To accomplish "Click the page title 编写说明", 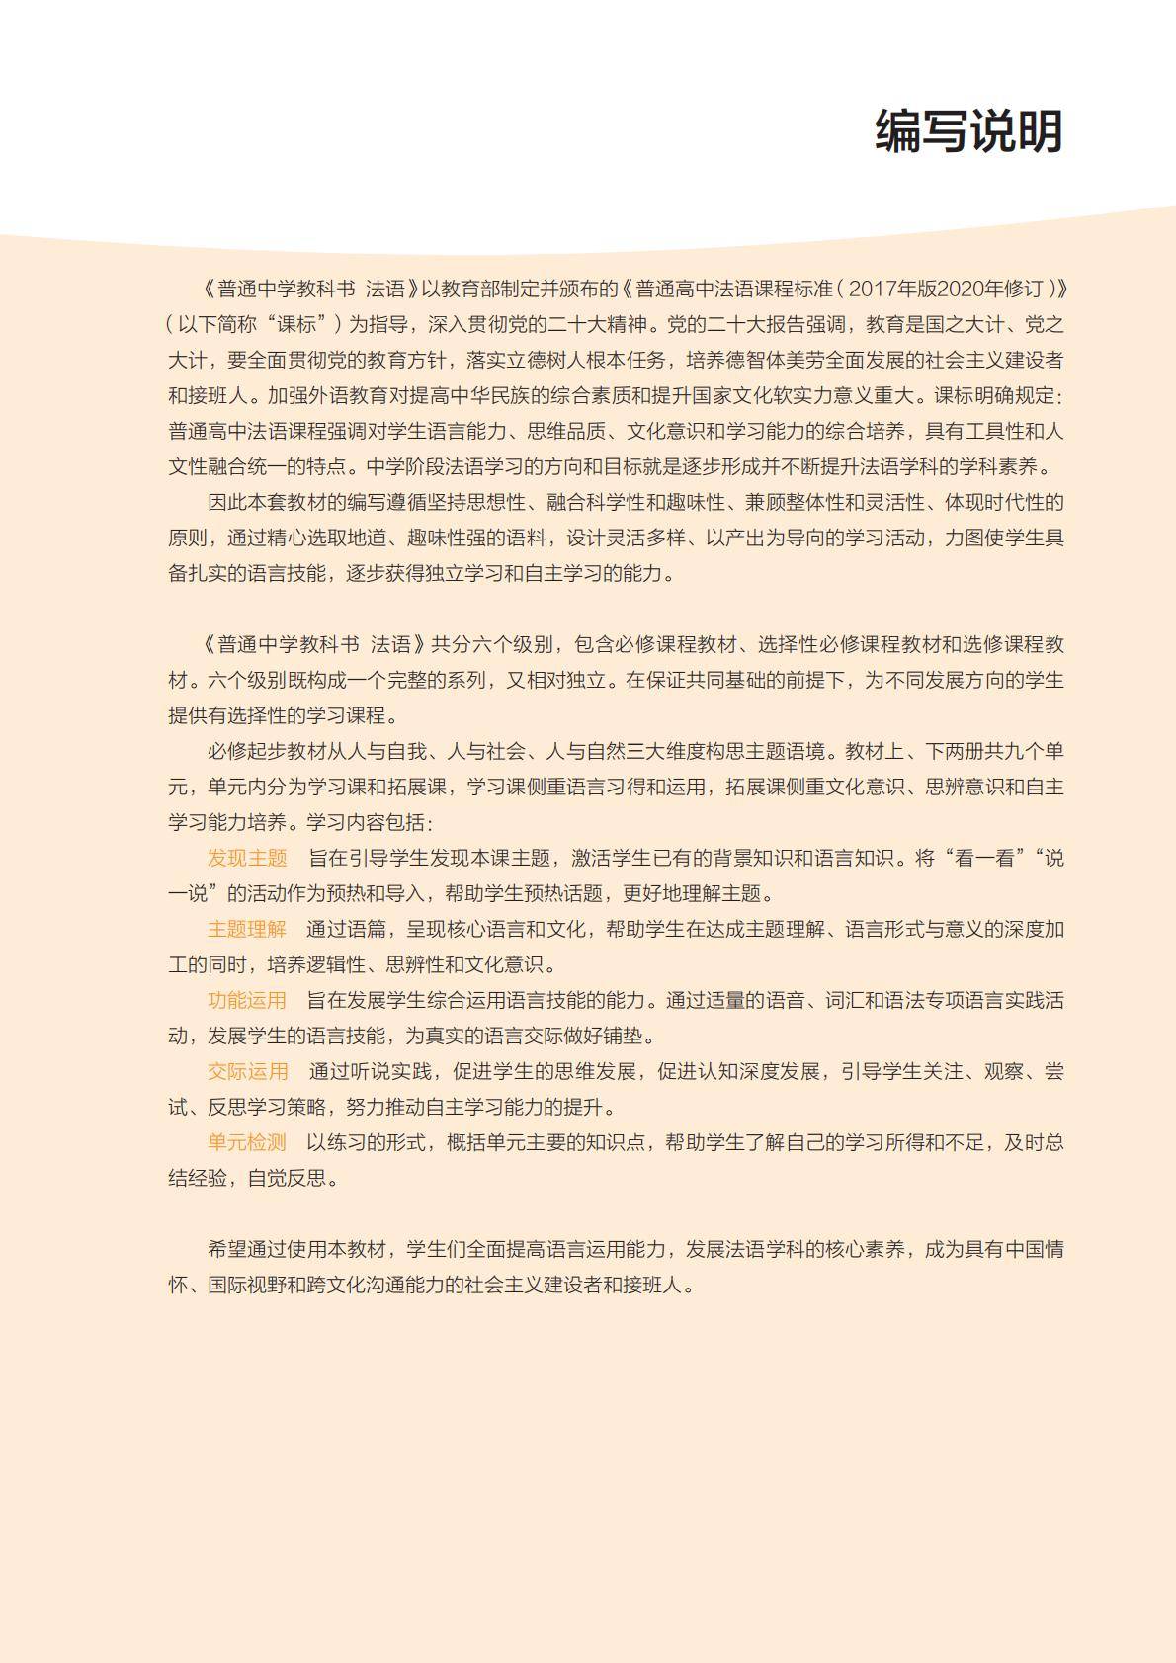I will tap(967, 131).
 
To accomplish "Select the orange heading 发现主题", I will tap(247, 858).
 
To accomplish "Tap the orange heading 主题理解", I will tap(247, 929).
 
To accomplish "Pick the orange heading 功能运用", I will tap(247, 1000).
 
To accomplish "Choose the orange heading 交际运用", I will tap(247, 1071).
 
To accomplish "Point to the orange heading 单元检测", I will tap(247, 1142).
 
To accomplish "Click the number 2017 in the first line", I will tap(871, 289).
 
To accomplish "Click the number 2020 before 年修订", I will tap(959, 289).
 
